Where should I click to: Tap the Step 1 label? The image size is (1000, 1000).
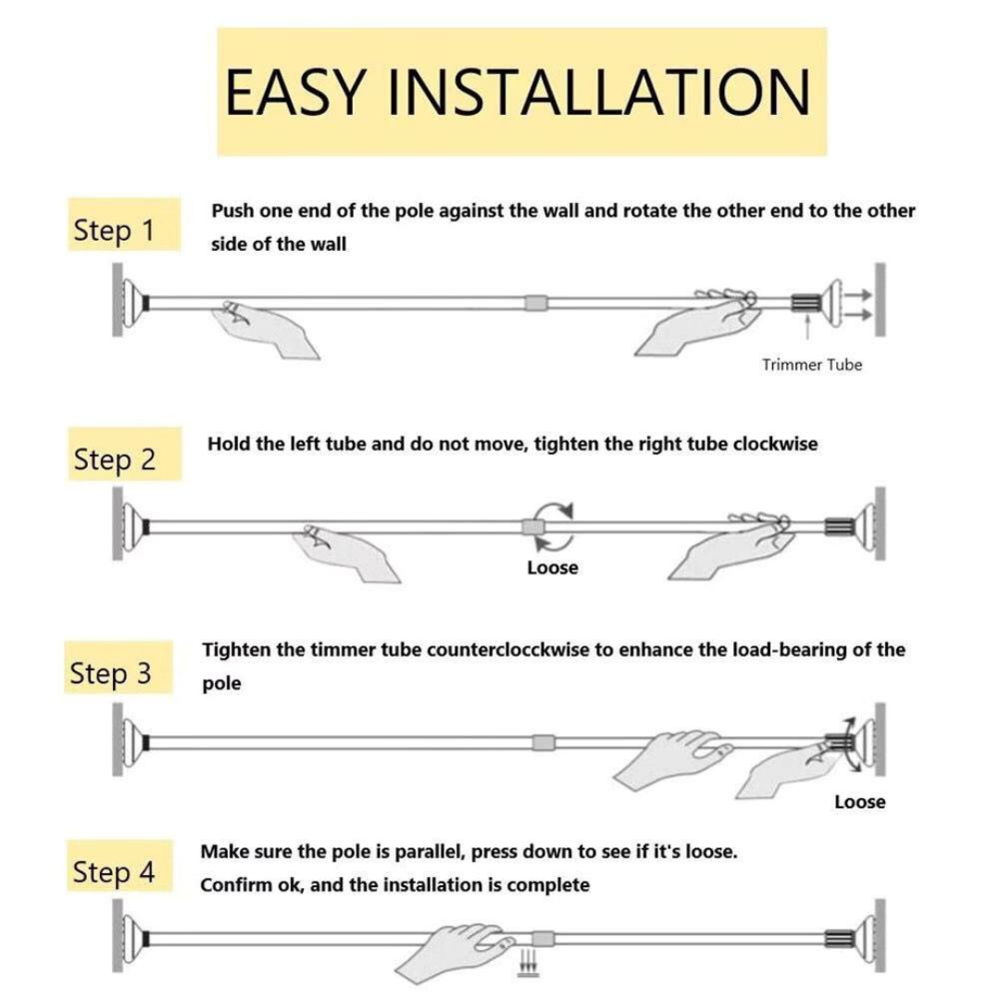coord(114,231)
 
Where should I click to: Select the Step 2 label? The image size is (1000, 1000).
coord(115,459)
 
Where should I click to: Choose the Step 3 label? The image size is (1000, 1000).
coord(110,673)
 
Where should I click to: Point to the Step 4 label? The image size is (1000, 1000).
coord(114,872)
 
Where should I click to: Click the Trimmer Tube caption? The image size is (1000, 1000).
coord(812,365)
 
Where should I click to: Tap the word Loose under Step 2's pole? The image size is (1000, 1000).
coord(552,568)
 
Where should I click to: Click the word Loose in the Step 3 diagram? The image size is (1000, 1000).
coord(859,802)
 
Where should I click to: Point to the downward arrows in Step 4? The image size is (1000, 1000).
coord(528,964)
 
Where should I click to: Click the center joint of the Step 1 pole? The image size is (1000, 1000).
coord(536,302)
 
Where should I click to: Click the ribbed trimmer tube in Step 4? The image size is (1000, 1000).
coord(839,938)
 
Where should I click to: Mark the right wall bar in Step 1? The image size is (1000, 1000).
coord(881,299)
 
